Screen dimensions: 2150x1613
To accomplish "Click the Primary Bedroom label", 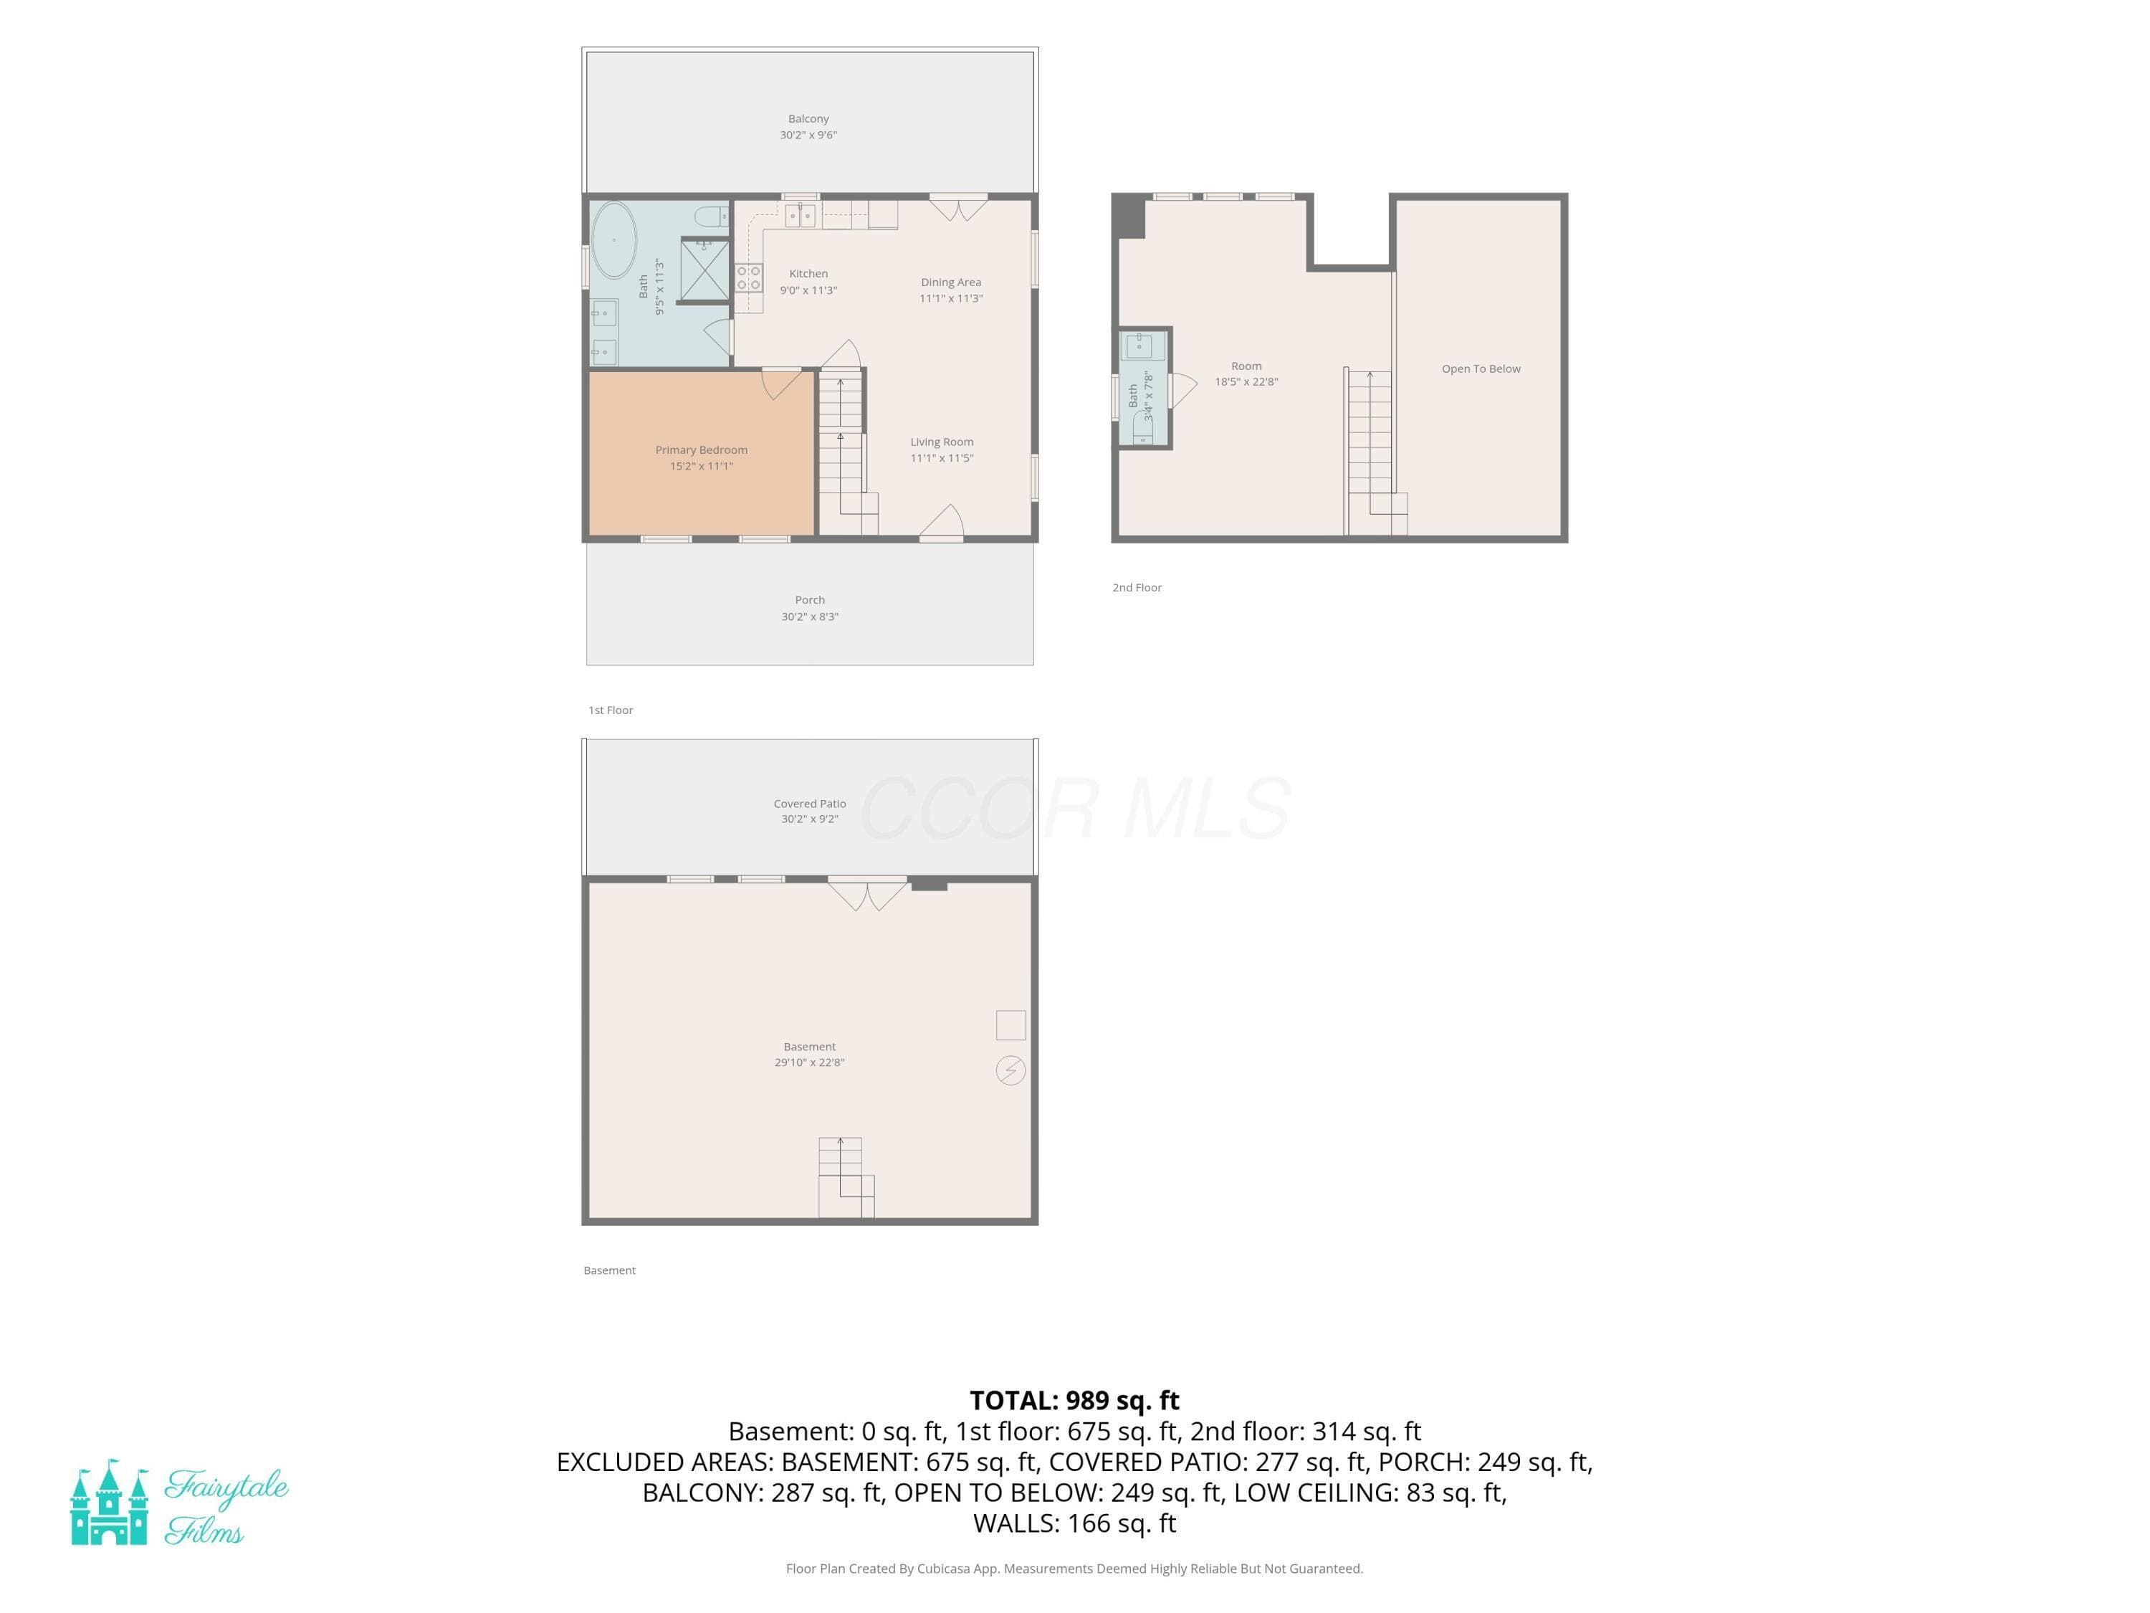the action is click(x=701, y=450).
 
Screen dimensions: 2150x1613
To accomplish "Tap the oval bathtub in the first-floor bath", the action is click(x=614, y=240).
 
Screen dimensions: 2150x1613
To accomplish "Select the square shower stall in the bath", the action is click(x=704, y=270).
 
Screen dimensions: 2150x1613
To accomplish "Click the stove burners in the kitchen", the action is click(x=748, y=278).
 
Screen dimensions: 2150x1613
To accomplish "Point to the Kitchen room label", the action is click(x=808, y=274).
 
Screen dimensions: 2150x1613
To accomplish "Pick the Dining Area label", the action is click(x=950, y=282).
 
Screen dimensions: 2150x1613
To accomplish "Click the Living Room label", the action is click(x=942, y=442).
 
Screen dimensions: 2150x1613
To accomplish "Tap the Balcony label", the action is click(x=808, y=118).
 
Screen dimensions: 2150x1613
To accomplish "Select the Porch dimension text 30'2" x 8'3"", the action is click(x=810, y=617).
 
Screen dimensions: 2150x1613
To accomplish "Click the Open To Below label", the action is click(x=1481, y=368).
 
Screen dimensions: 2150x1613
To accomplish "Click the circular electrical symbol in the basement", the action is click(x=1010, y=1070).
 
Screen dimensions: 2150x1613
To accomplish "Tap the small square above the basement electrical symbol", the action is click(x=1010, y=1024).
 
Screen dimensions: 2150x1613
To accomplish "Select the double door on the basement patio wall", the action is click(x=868, y=893).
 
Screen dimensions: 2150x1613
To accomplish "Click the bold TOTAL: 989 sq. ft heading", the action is click(x=1074, y=1400).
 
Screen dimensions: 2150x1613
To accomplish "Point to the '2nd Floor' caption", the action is click(x=1137, y=587).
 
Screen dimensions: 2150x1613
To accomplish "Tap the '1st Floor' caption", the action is click(x=611, y=710).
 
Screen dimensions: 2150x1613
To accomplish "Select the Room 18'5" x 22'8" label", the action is click(x=1246, y=374).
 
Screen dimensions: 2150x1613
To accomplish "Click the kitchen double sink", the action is click(x=800, y=215).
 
